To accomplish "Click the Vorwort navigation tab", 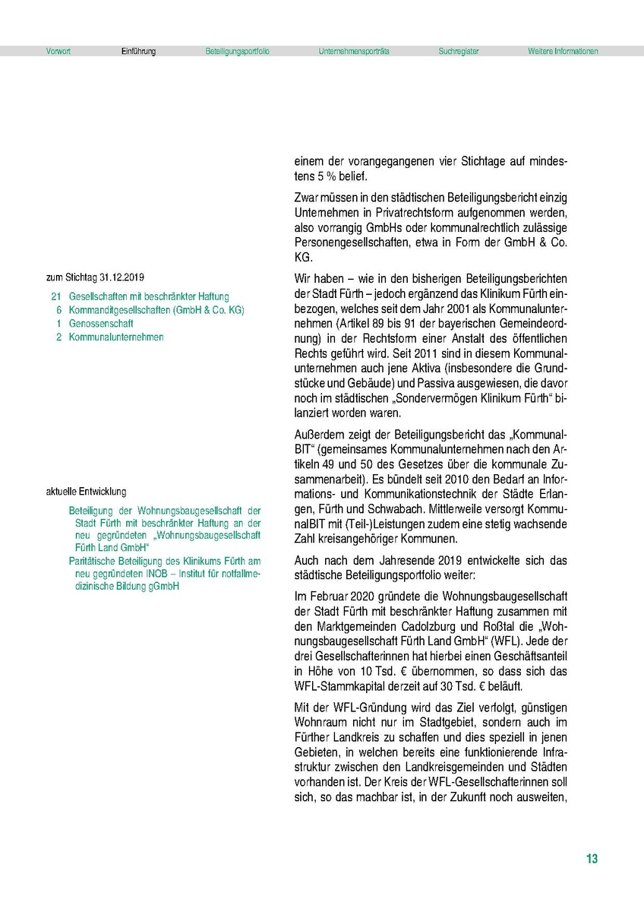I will [58, 52].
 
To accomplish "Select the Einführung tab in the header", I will [138, 52].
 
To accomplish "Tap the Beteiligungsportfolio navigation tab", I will [237, 52].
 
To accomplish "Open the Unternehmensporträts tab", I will [354, 52].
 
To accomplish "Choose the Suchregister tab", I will [459, 52].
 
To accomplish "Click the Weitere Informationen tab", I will [563, 52].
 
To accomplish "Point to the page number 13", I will [592, 859].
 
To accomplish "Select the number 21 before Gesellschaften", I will [55, 296].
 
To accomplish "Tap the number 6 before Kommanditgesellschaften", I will [58, 310].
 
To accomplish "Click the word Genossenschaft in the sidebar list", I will [101, 324].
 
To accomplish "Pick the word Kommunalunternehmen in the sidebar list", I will [115, 337].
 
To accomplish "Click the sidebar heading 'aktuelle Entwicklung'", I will [86, 492].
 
